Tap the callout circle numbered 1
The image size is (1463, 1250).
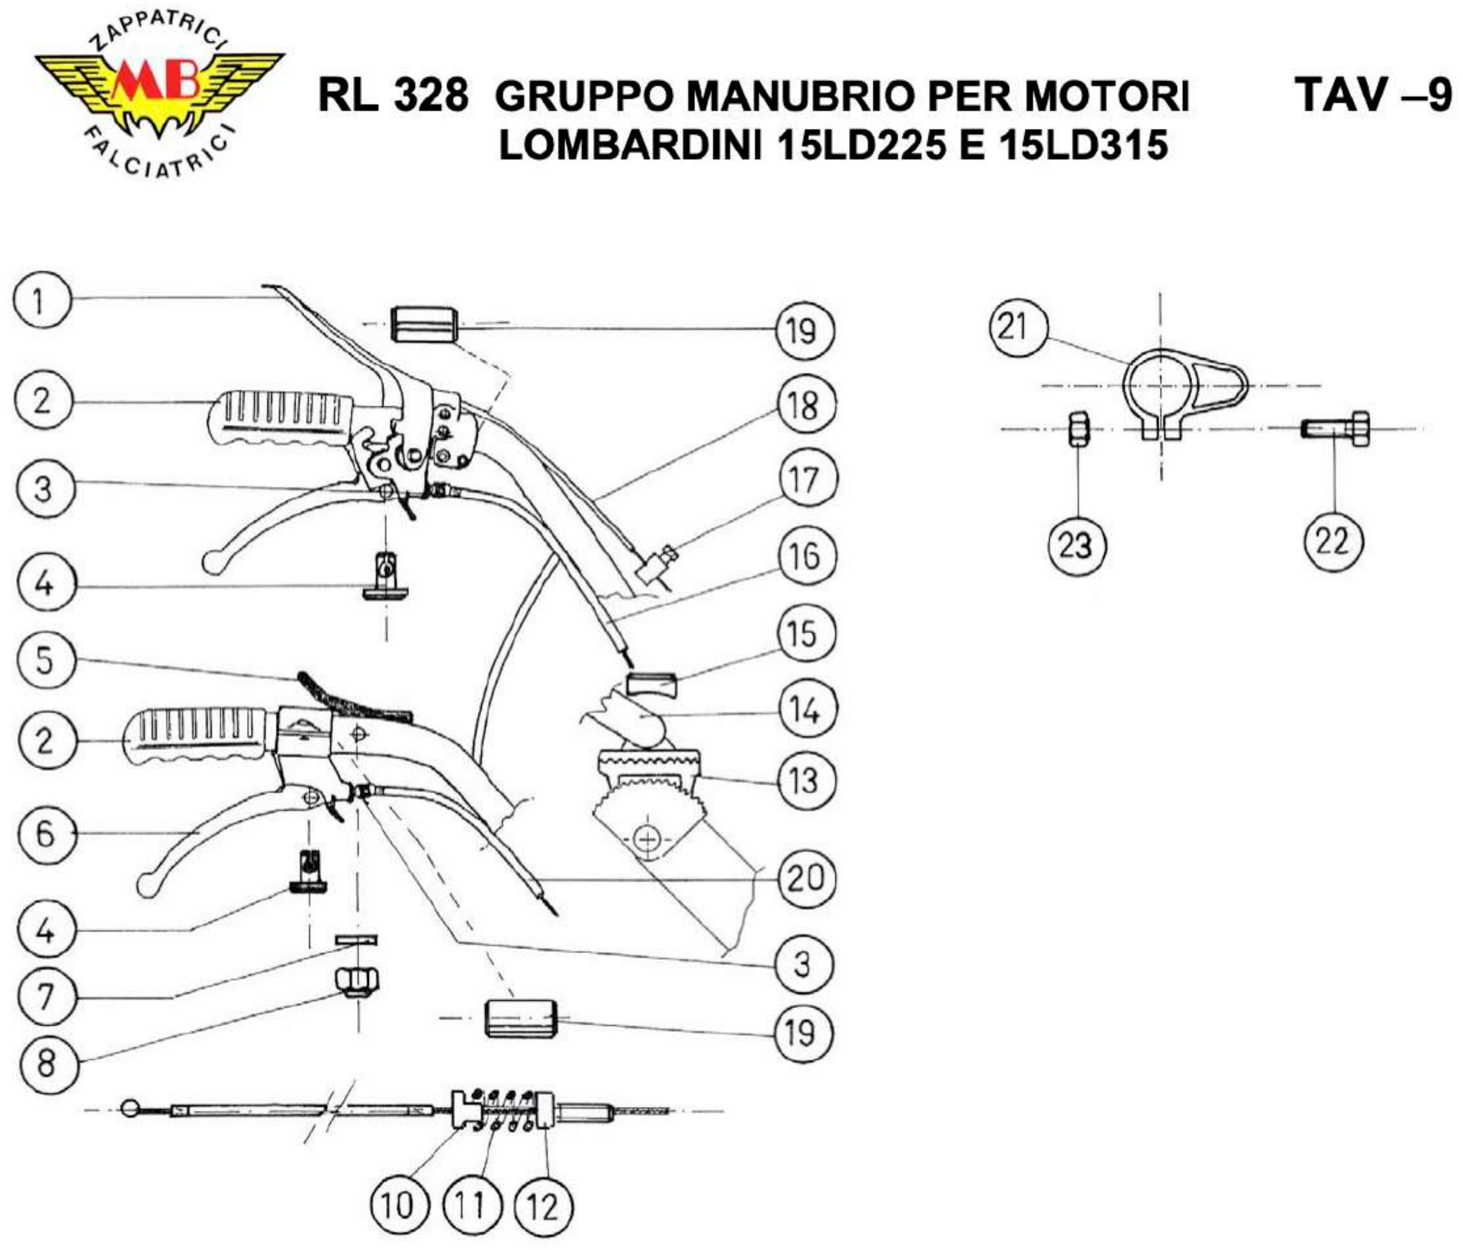coord(42,301)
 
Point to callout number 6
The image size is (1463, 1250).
coord(45,834)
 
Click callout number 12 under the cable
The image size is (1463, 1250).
coord(543,1206)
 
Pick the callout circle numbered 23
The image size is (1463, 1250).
coord(1075,544)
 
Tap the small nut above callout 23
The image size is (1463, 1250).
coord(1078,429)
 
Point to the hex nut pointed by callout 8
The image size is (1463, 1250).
coord(356,980)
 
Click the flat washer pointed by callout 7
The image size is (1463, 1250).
coord(356,939)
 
